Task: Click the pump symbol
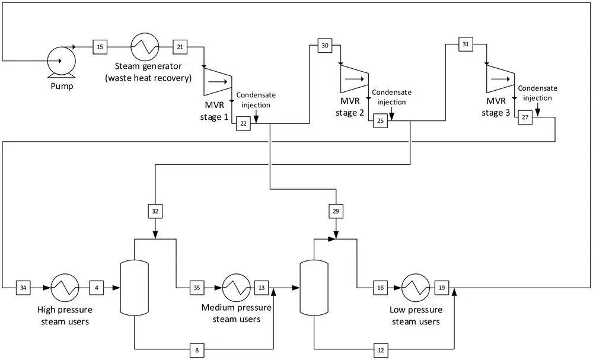[61, 61]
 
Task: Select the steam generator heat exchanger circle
[145, 47]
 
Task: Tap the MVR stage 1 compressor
[218, 82]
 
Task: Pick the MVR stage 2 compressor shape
[355, 79]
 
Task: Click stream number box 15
[100, 47]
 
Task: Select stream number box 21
[180, 47]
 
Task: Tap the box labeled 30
[325, 46]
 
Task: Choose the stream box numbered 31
[466, 44]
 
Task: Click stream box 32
[155, 211]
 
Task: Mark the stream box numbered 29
[336, 211]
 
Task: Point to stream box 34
[23, 288]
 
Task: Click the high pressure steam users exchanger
[65, 288]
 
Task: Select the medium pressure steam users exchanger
[237, 288]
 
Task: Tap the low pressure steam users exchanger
[416, 288]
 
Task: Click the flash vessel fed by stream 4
[134, 288]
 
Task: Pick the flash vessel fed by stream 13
[314, 288]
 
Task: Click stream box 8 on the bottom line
[197, 350]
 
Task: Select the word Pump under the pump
[62, 86]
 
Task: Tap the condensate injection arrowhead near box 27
[537, 113]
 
